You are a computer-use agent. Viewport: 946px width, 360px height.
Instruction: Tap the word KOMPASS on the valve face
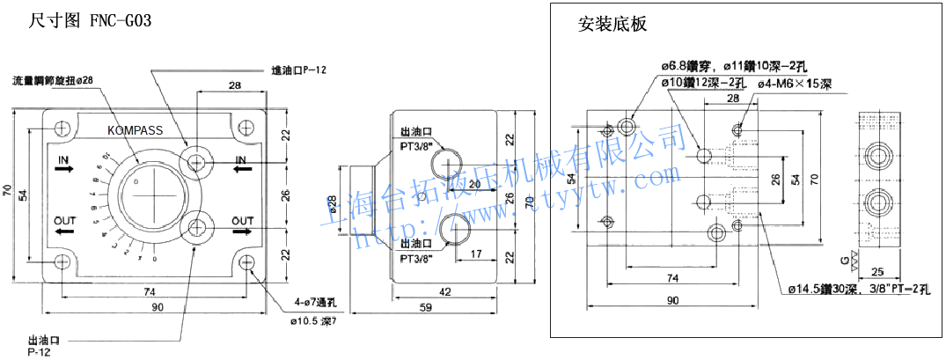[136, 130]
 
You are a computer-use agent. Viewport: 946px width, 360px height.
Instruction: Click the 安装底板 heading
[612, 24]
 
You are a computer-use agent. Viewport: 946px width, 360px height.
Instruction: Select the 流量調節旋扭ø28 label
[53, 80]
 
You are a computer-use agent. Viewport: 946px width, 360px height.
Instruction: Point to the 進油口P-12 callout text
[299, 70]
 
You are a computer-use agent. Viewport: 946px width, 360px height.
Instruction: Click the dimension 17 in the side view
[475, 255]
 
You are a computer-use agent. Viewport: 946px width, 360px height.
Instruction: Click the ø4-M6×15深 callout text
[790, 84]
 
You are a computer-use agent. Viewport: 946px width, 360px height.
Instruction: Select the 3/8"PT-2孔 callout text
[906, 289]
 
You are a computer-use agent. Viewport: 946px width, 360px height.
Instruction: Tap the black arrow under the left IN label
[63, 173]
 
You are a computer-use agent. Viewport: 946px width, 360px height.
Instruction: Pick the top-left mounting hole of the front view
[62, 129]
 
